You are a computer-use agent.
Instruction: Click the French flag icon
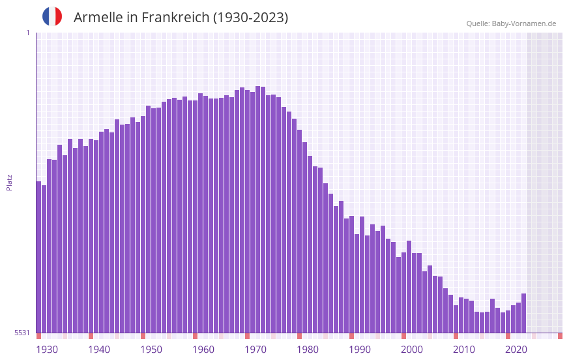tap(52, 17)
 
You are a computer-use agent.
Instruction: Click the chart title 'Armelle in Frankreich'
tap(181, 18)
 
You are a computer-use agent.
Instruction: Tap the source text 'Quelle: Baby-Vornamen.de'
tap(511, 23)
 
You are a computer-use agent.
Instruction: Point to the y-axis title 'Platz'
tap(9, 182)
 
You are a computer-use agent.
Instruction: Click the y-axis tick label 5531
tap(22, 333)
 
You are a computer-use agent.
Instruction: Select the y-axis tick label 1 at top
tap(27, 33)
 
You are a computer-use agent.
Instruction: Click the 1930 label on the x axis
tap(47, 350)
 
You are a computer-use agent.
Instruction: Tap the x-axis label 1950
tap(151, 350)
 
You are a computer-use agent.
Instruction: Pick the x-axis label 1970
tap(255, 350)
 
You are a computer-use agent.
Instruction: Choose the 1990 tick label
tap(360, 350)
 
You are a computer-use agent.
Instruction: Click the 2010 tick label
tap(464, 350)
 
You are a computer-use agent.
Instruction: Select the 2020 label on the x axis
tap(516, 350)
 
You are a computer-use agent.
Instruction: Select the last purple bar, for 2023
tap(523, 314)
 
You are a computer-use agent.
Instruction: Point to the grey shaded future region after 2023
tap(544, 183)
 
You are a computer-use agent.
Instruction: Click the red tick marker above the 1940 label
tap(91, 336)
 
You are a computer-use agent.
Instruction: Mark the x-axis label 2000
tap(412, 350)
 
